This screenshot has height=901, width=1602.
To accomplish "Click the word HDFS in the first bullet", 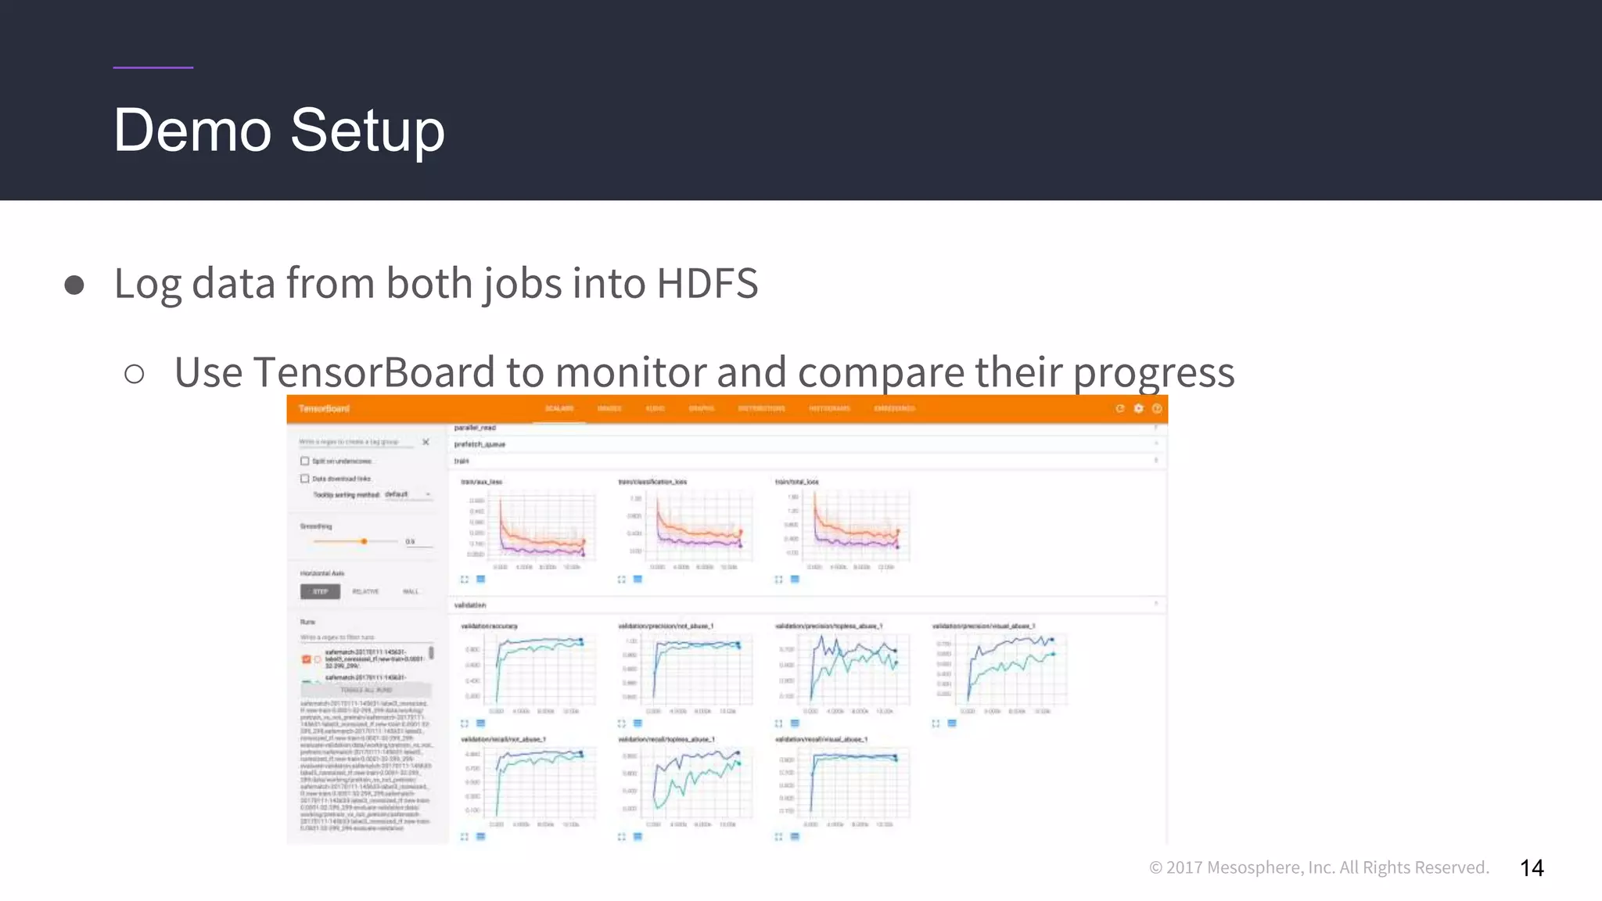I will tap(707, 283).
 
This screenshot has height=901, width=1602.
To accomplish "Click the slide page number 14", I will tap(1532, 868).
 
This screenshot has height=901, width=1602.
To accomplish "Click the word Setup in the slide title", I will tap(367, 131).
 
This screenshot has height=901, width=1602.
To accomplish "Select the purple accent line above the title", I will tap(153, 67).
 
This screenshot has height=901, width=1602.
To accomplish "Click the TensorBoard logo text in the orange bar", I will tap(324, 409).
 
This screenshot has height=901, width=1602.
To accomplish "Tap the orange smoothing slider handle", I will tap(364, 541).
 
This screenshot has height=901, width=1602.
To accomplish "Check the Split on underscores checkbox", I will tap(305, 461).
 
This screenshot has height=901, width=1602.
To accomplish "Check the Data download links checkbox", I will tap(305, 479).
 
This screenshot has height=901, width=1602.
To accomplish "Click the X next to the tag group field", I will tap(426, 442).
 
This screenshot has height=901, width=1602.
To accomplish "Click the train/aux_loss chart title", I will tap(481, 482).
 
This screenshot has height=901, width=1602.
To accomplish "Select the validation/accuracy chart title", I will tap(489, 626).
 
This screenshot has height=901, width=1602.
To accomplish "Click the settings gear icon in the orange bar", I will tap(1138, 408).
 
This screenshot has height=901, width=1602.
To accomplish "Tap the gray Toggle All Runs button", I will tap(366, 690).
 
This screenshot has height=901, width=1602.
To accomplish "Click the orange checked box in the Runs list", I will tap(306, 659).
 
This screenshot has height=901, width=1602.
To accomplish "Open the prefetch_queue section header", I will tap(480, 444).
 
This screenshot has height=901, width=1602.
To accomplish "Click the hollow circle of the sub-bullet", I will tap(135, 374).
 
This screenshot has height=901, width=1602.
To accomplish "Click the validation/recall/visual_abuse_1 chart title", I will tap(821, 739).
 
